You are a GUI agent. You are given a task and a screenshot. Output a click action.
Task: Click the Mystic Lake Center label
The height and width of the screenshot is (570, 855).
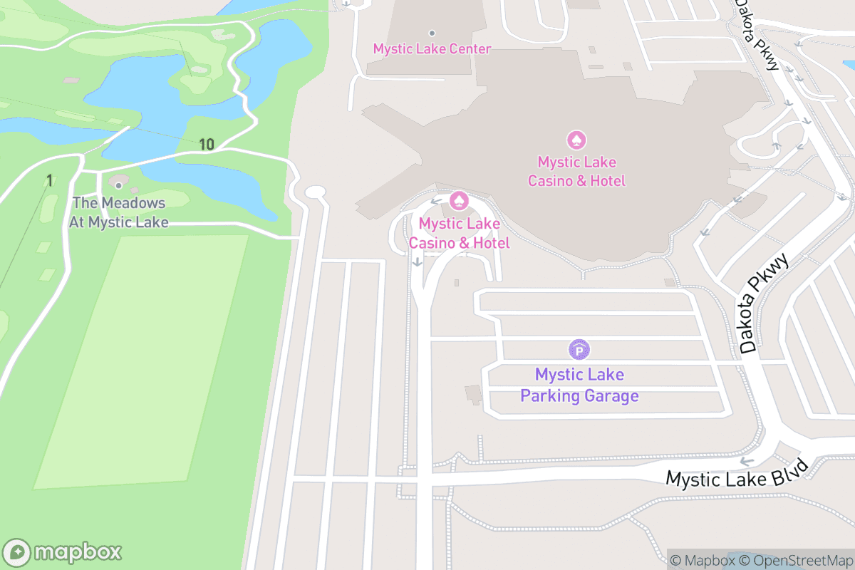click(x=432, y=49)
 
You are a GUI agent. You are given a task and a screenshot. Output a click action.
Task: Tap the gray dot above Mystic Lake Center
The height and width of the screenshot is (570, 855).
click(x=431, y=33)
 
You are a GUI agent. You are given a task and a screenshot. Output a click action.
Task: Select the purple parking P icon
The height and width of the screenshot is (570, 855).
click(x=579, y=350)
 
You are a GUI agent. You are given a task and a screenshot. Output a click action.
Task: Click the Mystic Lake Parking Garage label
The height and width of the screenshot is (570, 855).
click(x=579, y=385)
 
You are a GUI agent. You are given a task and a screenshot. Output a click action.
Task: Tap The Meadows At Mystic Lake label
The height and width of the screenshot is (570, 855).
click(x=118, y=213)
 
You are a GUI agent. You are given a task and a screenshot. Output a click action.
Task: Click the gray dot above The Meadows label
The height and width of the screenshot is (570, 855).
click(x=118, y=186)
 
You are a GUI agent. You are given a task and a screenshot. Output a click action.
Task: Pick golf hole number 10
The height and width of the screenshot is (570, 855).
click(x=206, y=145)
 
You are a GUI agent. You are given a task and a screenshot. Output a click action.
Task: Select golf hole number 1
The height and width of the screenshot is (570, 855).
click(x=49, y=181)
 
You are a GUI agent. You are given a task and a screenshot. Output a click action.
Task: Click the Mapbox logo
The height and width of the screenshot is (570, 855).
click(x=63, y=551)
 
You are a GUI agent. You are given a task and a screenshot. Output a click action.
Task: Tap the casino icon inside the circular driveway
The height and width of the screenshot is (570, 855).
click(x=460, y=202)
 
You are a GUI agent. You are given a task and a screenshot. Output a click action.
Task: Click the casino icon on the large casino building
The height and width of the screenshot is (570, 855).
click(x=576, y=140)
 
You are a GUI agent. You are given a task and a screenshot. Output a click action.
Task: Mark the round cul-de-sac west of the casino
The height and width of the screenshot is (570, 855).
click(x=315, y=192)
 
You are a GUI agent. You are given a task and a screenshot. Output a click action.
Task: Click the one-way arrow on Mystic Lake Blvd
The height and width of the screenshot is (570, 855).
click(x=747, y=462)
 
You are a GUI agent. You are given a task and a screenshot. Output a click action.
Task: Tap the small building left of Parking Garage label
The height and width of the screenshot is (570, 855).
click(x=472, y=393)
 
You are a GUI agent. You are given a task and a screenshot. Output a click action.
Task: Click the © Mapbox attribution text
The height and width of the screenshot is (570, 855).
click(x=702, y=561)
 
